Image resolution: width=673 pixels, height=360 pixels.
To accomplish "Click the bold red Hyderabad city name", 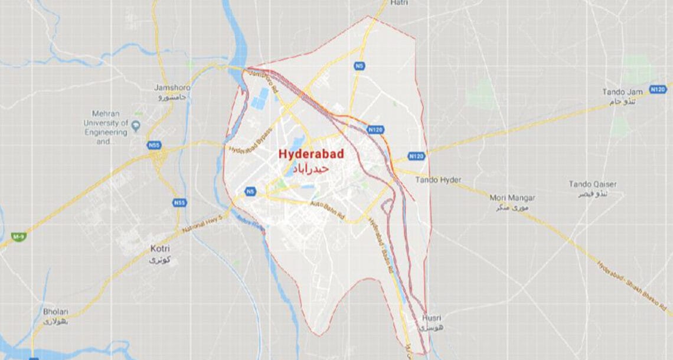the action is click(x=311, y=154).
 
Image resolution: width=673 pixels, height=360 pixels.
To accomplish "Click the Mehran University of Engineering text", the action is click(x=110, y=123).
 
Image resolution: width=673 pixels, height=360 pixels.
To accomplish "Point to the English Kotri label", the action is click(x=161, y=249).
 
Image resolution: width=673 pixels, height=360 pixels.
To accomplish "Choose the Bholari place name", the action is click(x=55, y=312).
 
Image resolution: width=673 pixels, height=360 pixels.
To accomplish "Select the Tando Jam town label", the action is click(x=622, y=91).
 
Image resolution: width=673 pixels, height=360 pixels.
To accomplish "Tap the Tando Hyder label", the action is click(x=439, y=179).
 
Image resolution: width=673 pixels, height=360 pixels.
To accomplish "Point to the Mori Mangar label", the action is click(x=512, y=198).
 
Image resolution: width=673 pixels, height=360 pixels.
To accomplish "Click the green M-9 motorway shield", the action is click(x=19, y=236).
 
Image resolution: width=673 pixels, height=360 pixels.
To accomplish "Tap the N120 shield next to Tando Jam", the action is click(x=659, y=89).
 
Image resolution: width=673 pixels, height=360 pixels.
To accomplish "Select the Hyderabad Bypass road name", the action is click(x=251, y=139).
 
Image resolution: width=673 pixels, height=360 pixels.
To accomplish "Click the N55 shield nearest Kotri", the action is click(x=179, y=203).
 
